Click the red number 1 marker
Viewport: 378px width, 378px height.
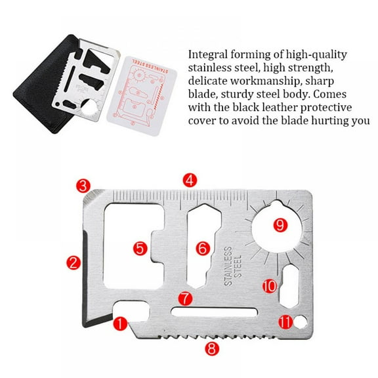pos(119,324)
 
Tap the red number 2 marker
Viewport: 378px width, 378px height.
pos(73,263)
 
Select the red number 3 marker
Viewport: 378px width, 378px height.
pos(83,186)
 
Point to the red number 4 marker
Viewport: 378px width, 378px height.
pos(189,180)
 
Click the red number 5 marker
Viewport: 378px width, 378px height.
pos(139,248)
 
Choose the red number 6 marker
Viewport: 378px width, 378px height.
pos(202,247)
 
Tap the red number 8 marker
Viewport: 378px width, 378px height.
pos(210,348)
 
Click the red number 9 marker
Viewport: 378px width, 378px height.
pos(281,225)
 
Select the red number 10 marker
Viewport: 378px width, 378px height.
pos(269,285)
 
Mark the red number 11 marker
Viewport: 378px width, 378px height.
pos(283,322)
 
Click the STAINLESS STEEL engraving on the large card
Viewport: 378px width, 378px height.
pos(232,266)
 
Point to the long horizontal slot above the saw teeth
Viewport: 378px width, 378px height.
pos(213,311)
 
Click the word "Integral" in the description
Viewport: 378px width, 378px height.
pos(208,54)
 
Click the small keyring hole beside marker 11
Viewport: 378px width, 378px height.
pos(301,321)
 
